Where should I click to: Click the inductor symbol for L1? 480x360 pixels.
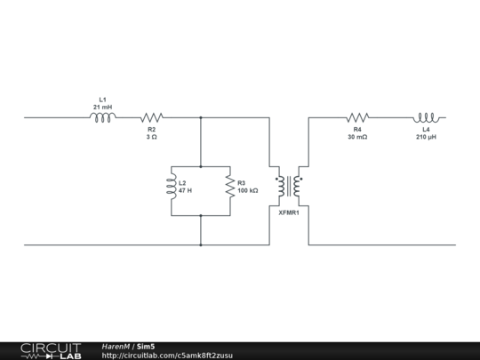(102, 116)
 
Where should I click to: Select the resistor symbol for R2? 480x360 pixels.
(152, 116)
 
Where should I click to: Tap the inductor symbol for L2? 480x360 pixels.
(170, 186)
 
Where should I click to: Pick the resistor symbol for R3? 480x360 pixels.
(229, 186)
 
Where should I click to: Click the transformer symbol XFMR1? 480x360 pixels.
(288, 187)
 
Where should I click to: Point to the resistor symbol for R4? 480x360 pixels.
(357, 116)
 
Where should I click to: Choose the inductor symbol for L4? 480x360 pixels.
(427, 116)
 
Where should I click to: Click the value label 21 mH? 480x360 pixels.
(102, 107)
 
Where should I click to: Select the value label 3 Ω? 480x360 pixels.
(152, 137)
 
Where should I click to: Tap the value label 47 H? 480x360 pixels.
(186, 191)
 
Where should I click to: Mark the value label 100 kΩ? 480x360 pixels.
(248, 191)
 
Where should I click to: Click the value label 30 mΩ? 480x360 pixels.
(357, 137)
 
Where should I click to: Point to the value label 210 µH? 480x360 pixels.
(427, 137)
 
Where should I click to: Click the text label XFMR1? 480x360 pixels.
(288, 212)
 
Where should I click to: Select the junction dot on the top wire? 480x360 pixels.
(201, 116)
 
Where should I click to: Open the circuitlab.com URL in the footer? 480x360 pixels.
(167, 356)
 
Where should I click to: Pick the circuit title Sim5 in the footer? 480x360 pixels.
(146, 346)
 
